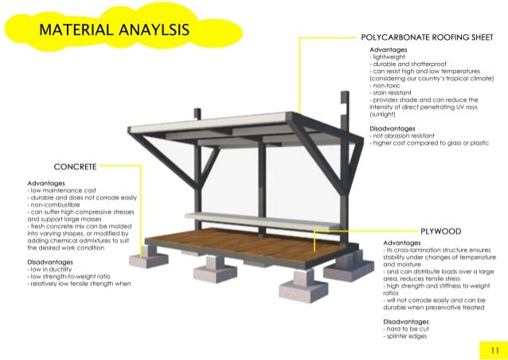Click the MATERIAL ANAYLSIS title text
[x=114, y=29]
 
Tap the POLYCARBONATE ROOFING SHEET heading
[x=428, y=37]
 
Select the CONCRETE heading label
[x=75, y=167]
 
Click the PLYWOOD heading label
[x=440, y=231]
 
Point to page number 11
[x=494, y=350]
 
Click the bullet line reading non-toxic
[x=385, y=85]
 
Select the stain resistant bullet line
[x=390, y=92]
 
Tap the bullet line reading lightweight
[x=387, y=57]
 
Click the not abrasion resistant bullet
[x=402, y=135]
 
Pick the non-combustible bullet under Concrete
[x=53, y=205]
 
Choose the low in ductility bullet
[x=49, y=269]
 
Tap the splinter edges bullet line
[x=405, y=336]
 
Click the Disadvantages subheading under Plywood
[x=406, y=322]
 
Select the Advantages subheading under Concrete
[x=46, y=183]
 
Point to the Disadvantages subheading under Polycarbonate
[x=393, y=129]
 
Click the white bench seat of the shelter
[x=263, y=221]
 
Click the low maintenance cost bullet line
[x=62, y=190]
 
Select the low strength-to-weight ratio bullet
[x=68, y=276]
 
